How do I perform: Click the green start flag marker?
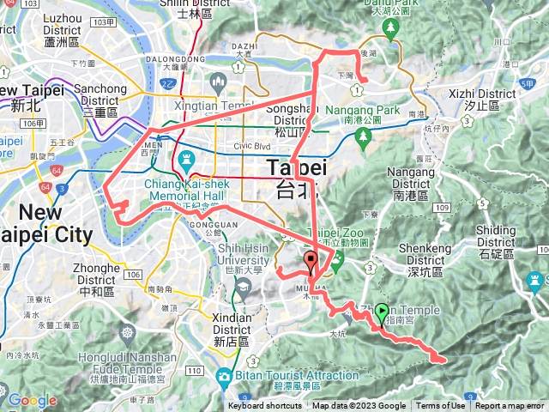point(382,314)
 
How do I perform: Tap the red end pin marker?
point(311,262)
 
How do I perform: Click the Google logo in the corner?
point(32,400)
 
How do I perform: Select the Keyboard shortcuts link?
point(264,406)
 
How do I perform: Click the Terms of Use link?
point(441,406)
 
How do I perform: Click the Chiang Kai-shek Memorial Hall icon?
point(184,160)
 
